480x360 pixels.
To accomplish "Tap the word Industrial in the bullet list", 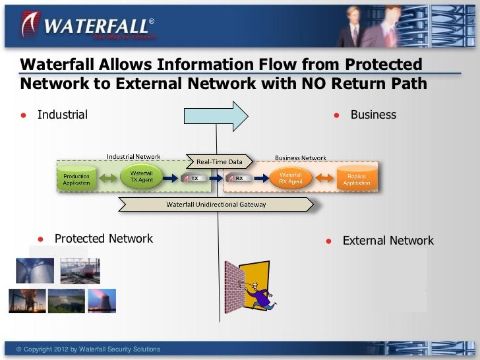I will tap(62, 115).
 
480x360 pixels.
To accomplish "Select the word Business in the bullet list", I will tap(373, 115).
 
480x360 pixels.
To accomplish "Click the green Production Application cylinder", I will tap(76, 178).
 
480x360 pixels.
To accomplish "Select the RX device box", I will tap(239, 178).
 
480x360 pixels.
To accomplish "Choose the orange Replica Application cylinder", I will tap(357, 178).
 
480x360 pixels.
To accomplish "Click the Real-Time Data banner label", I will tap(220, 162).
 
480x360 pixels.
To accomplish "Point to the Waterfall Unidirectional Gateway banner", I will tap(216, 204).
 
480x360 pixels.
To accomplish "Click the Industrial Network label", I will tap(134, 157).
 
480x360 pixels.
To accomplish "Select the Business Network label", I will tap(301, 158).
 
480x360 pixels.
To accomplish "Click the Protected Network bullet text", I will tap(104, 239).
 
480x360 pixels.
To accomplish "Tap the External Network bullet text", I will tap(388, 241).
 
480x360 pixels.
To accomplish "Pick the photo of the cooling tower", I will tap(102, 300).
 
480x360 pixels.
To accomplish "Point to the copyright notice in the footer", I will tap(88, 349).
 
